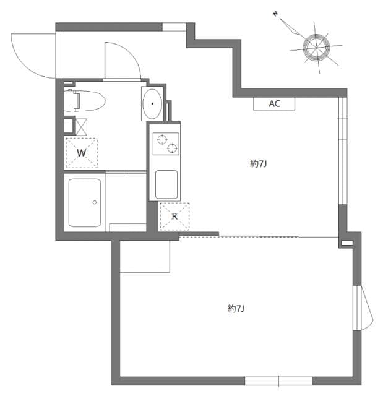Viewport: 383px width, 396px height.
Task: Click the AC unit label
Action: (x=274, y=104)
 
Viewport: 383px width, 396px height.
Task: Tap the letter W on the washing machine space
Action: (x=81, y=152)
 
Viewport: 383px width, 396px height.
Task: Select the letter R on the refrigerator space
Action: (x=174, y=217)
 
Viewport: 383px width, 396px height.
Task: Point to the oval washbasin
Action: (x=152, y=104)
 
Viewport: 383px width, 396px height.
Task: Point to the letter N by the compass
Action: (x=275, y=14)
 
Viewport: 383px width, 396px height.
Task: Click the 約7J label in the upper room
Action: (x=258, y=164)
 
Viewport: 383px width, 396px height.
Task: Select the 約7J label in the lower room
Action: (x=236, y=308)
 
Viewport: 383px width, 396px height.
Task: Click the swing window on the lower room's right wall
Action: (x=363, y=308)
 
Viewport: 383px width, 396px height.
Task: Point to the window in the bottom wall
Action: (x=269, y=380)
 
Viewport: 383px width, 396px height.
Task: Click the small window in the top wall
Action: (x=174, y=27)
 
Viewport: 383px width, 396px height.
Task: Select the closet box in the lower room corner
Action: (x=144, y=256)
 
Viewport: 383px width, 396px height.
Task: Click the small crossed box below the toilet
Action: (x=81, y=126)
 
